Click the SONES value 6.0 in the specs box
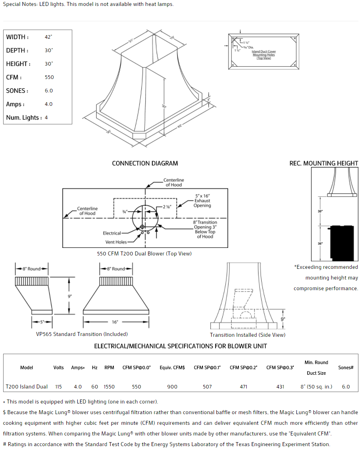tap(49, 91)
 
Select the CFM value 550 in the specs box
tap(49, 77)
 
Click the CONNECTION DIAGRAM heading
tap(145, 163)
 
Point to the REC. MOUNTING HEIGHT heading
tap(324, 163)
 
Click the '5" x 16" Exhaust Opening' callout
tap(202, 201)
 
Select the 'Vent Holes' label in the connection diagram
tap(116, 242)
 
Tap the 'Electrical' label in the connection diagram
tap(112, 233)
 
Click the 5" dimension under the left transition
tap(42, 322)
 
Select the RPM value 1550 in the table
tap(109, 387)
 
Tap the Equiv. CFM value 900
tap(172, 387)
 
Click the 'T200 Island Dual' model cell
tap(26, 387)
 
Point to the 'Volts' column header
tap(58, 368)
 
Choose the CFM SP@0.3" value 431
tap(280, 387)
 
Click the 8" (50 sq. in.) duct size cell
tap(316, 387)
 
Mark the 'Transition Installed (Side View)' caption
tap(247, 335)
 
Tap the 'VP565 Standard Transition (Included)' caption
tap(82, 334)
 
